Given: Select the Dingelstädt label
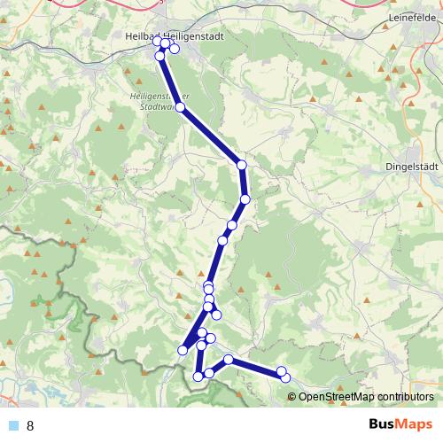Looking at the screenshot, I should click(412, 164).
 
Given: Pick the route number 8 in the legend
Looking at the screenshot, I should click(31, 426).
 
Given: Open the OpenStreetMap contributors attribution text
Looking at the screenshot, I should click(367, 396).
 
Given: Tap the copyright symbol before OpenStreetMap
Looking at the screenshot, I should click(292, 396).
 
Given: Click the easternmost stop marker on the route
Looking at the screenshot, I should click(286, 378).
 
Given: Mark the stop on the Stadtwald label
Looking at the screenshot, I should click(180, 107).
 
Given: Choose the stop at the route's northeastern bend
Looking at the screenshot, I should click(241, 164).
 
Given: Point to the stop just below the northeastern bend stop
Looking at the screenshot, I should click(245, 198).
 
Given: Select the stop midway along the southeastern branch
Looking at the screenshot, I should click(229, 359).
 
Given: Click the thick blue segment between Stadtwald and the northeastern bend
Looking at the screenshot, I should click(211, 136).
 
